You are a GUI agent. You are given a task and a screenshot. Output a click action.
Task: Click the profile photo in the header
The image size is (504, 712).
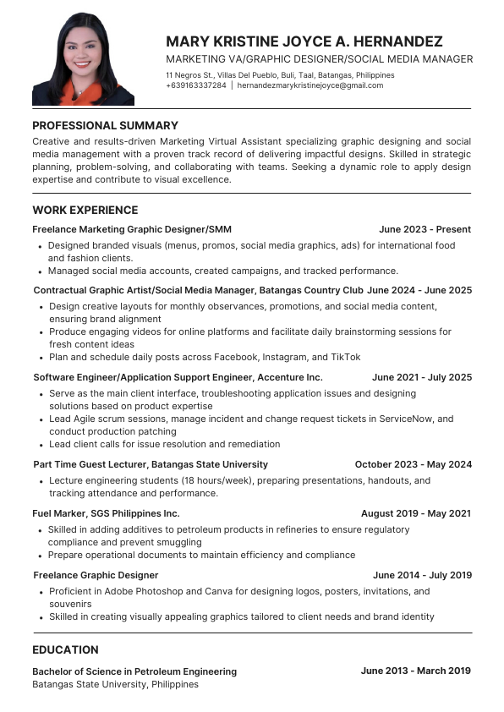tap(83, 59)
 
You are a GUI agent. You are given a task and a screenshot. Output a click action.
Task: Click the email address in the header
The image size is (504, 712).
tap(310, 85)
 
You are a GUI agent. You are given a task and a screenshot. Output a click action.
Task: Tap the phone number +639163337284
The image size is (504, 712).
tap(196, 85)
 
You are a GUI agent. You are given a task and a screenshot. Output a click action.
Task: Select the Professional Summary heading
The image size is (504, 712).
tap(105, 126)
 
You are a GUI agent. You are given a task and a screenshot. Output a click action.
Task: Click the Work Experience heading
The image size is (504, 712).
tap(85, 210)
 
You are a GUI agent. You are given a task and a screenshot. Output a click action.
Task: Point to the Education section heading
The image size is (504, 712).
tap(65, 649)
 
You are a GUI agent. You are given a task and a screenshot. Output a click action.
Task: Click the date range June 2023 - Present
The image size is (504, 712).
tap(425, 229)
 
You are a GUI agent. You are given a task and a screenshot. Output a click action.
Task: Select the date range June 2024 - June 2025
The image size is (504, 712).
tap(419, 290)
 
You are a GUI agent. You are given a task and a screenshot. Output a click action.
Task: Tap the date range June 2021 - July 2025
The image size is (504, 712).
tap(422, 377)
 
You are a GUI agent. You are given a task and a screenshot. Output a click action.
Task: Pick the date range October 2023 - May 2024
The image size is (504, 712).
tap(413, 464)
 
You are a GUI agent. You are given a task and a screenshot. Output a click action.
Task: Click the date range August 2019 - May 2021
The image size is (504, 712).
tap(416, 513)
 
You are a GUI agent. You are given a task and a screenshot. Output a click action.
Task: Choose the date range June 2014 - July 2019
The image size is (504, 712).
tap(422, 575)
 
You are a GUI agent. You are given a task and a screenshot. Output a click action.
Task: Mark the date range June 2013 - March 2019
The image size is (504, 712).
tap(415, 671)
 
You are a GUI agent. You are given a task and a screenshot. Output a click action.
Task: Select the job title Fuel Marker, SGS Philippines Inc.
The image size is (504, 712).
tap(106, 513)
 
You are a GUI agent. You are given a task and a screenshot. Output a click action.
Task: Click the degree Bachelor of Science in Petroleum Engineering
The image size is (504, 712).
tap(134, 671)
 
